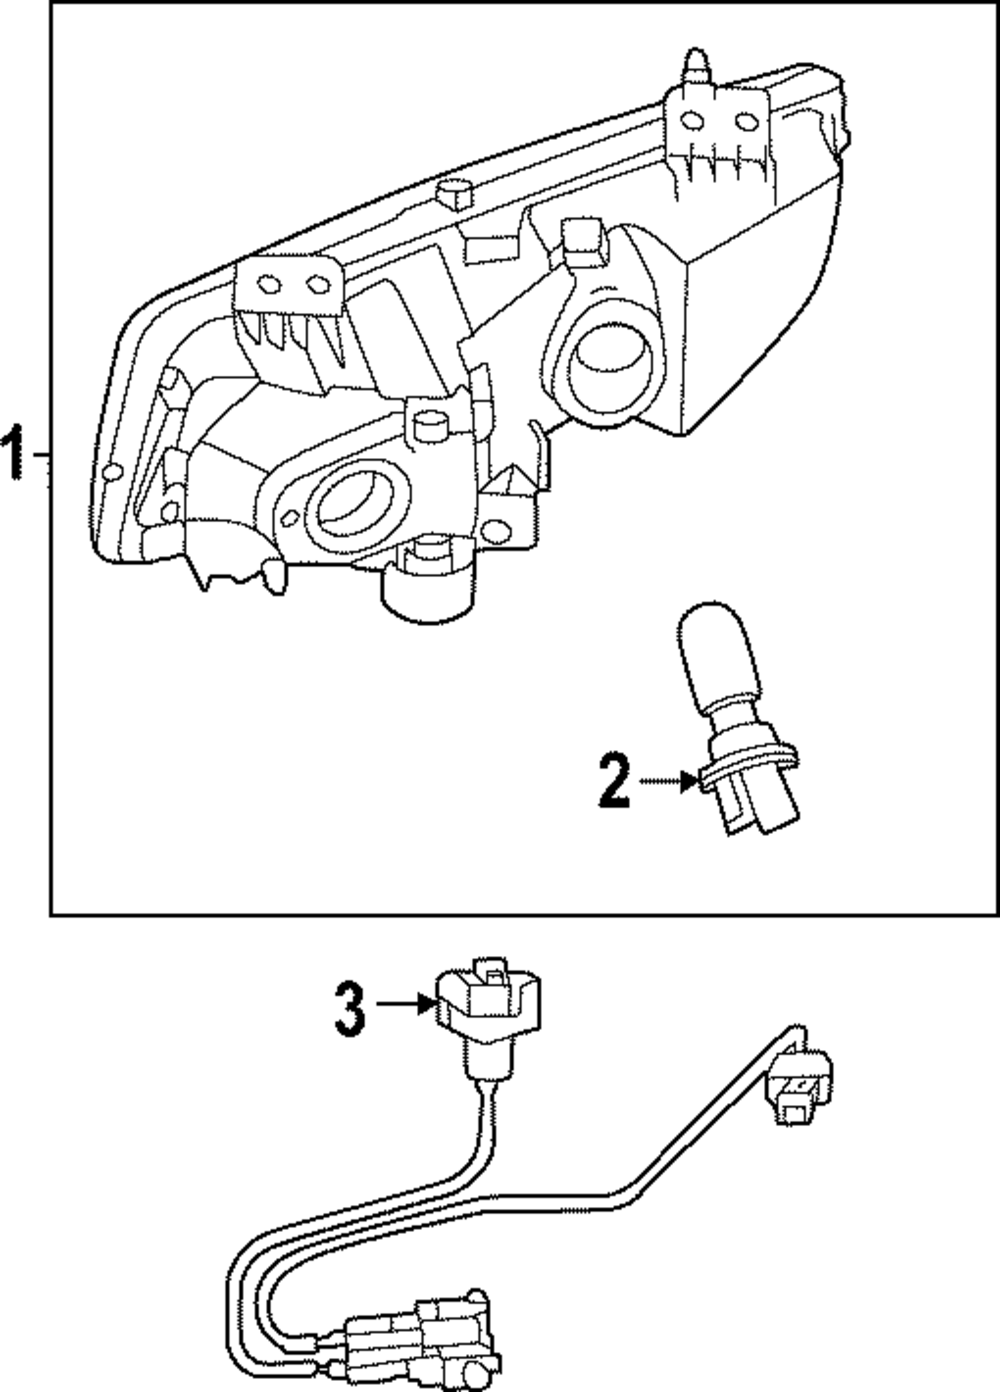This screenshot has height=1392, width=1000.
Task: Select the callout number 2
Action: (614, 781)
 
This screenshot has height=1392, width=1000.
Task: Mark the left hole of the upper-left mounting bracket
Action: (267, 285)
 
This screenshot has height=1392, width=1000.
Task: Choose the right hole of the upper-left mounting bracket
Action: (318, 285)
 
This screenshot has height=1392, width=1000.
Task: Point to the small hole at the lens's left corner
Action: (113, 471)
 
